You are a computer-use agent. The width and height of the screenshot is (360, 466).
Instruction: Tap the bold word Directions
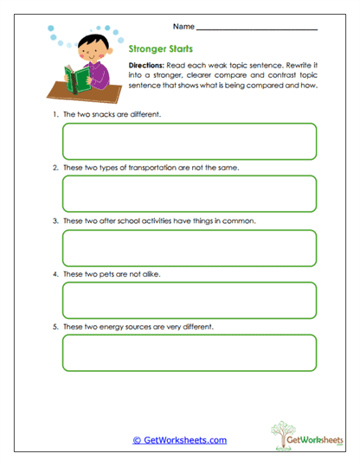click(148, 66)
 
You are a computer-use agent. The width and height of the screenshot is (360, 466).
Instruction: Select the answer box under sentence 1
click(189, 141)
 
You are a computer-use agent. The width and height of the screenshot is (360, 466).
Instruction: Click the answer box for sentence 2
click(189, 194)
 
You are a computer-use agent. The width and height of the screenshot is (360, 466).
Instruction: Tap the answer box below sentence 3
click(189, 247)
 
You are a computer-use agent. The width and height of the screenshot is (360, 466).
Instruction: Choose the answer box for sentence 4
click(189, 300)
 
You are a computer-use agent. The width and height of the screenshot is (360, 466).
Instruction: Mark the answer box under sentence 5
click(189, 353)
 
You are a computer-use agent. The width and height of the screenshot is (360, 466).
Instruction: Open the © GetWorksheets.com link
click(179, 440)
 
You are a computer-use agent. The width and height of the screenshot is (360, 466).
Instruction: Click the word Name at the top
click(184, 27)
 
